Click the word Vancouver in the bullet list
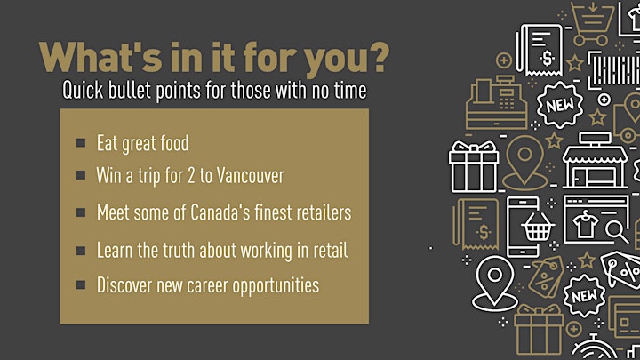(250, 175)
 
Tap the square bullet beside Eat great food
(81, 142)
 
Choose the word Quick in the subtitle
(83, 90)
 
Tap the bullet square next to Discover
(81, 284)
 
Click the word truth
(179, 250)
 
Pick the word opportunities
(276, 285)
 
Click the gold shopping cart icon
(592, 23)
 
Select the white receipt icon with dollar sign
(540, 50)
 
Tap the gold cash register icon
(497, 102)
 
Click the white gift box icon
(474, 166)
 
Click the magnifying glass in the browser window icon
(616, 231)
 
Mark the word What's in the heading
(100, 57)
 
